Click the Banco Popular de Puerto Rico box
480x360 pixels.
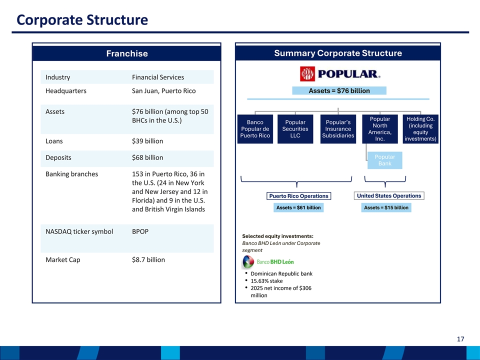pos(255,129)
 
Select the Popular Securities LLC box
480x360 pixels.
pos(295,129)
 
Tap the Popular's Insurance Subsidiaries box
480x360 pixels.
pos(338,129)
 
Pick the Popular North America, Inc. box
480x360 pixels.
pos(380,129)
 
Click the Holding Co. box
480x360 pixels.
pos(420,129)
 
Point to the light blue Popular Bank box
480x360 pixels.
pos(385,160)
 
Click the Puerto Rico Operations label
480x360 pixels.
pos(299,196)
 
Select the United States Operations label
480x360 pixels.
pos(389,195)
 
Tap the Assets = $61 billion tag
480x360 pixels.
pos(298,207)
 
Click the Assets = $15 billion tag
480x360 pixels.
pos(386,207)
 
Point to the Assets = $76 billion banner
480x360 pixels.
pos(339,90)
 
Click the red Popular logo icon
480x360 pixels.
pos(307,74)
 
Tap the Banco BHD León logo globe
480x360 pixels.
pos(248,261)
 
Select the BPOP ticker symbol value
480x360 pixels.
pos(140,231)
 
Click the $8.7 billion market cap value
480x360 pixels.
pos(148,260)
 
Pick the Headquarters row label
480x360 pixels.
pos(66,91)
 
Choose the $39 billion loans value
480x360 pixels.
pos(147,141)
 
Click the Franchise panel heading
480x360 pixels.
pos(127,53)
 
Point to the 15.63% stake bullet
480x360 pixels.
pos(266,281)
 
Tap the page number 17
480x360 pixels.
pos(460,339)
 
